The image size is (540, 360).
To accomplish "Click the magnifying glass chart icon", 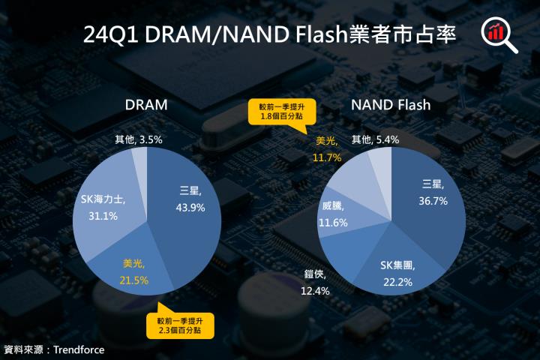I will pos(499,34).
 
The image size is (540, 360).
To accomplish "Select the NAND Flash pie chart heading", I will pos(391,105).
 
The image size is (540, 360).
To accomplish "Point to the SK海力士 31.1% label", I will pos(103,208).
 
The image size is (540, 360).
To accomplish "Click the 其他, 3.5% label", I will pos(139,139).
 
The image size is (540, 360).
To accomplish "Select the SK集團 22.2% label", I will pos(398,272).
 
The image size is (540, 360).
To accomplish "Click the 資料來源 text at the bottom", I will pos(22,349).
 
